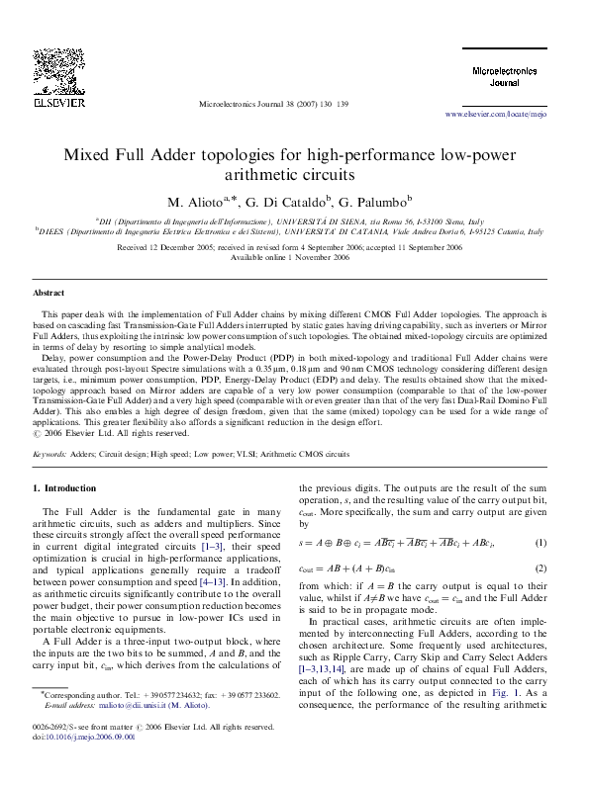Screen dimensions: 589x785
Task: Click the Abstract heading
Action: click(x=49, y=294)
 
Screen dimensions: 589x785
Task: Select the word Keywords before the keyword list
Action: click(x=50, y=456)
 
